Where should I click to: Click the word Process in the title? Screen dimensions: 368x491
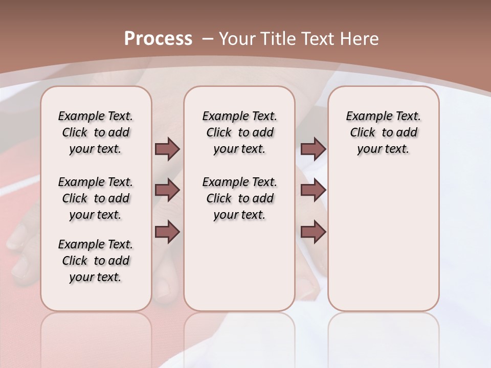pyautogui.click(x=158, y=39)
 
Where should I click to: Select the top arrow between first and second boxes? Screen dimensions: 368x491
pyautogui.click(x=167, y=149)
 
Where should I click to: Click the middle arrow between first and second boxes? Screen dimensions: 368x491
pyautogui.click(x=167, y=190)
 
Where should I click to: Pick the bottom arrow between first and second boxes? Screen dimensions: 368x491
pyautogui.click(x=167, y=232)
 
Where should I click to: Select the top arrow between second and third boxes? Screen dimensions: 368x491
pyautogui.click(x=313, y=149)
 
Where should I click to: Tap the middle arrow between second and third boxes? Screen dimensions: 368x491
pyautogui.click(x=313, y=190)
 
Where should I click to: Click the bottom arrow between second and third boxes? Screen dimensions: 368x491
pyautogui.click(x=313, y=232)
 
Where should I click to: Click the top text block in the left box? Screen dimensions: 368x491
pyautogui.click(x=96, y=132)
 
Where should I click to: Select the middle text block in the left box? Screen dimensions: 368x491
pyautogui.click(x=96, y=198)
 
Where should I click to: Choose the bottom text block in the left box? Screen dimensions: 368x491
pyautogui.click(x=96, y=261)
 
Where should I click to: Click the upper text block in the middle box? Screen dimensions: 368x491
pyautogui.click(x=239, y=132)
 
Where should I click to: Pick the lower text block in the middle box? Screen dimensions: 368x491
pyautogui.click(x=239, y=198)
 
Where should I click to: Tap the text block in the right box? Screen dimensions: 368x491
pyautogui.click(x=383, y=132)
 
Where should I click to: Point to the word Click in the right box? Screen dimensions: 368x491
pyautogui.click(x=363, y=133)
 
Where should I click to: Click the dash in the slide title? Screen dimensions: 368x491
pyautogui.click(x=207, y=39)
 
